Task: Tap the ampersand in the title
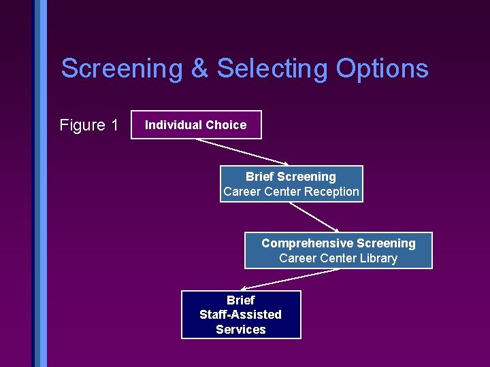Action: (200, 69)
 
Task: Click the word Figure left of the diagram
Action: (82, 125)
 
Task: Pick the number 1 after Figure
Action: (114, 125)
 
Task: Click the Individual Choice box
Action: (196, 124)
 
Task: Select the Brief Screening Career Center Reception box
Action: (291, 184)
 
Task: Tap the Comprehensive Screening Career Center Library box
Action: (338, 251)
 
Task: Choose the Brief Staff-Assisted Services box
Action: (240, 315)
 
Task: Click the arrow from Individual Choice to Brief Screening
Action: (241, 151)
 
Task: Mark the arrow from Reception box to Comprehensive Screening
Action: (314, 217)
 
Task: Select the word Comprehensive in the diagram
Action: (306, 243)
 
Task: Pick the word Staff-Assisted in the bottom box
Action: (240, 315)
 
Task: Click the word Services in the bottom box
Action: (240, 330)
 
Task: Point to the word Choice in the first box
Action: (225, 125)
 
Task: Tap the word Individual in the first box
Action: (173, 125)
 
